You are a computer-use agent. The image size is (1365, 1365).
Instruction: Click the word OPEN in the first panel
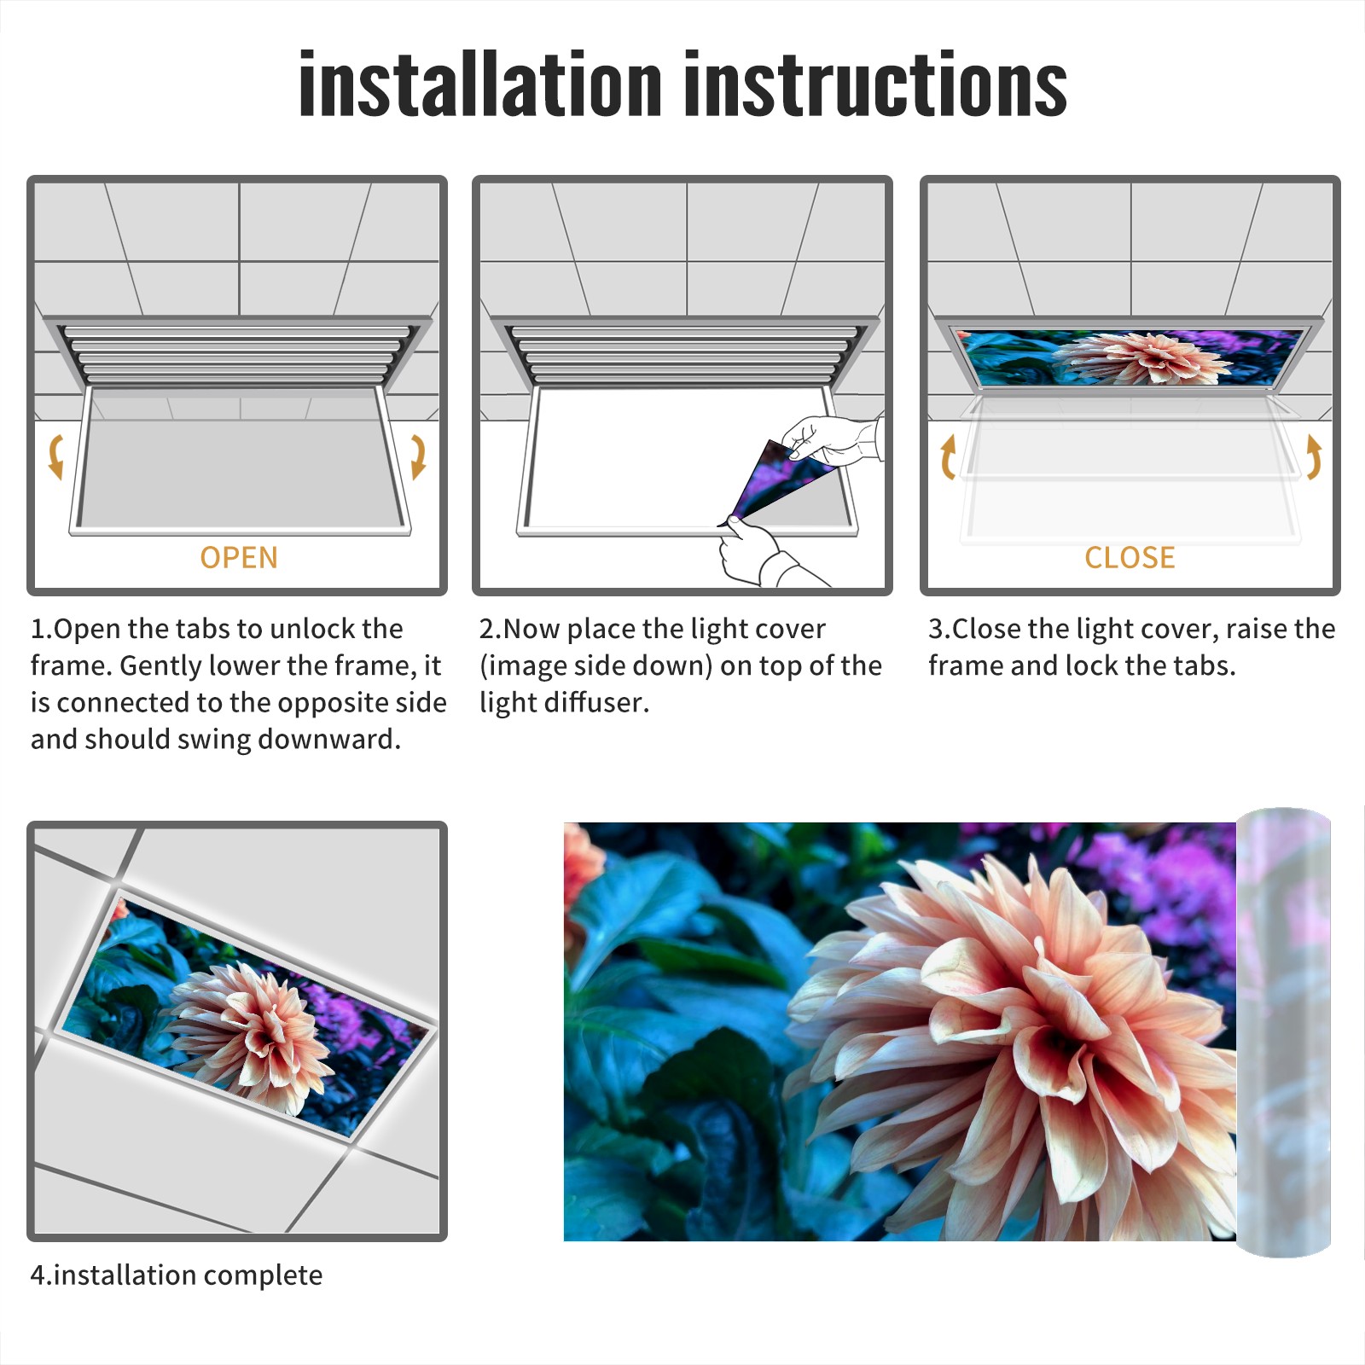tap(239, 558)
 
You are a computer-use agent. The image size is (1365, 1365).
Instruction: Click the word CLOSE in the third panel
tap(1130, 558)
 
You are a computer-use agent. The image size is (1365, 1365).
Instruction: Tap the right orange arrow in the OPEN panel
tap(418, 456)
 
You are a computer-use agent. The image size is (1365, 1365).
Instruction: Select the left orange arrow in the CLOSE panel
tap(947, 456)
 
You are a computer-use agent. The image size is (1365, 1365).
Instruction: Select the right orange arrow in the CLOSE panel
tap(1315, 456)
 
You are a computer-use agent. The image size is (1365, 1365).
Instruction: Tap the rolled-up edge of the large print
tap(1284, 1032)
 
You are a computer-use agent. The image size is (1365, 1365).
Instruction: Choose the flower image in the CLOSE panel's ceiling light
tap(1130, 357)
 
